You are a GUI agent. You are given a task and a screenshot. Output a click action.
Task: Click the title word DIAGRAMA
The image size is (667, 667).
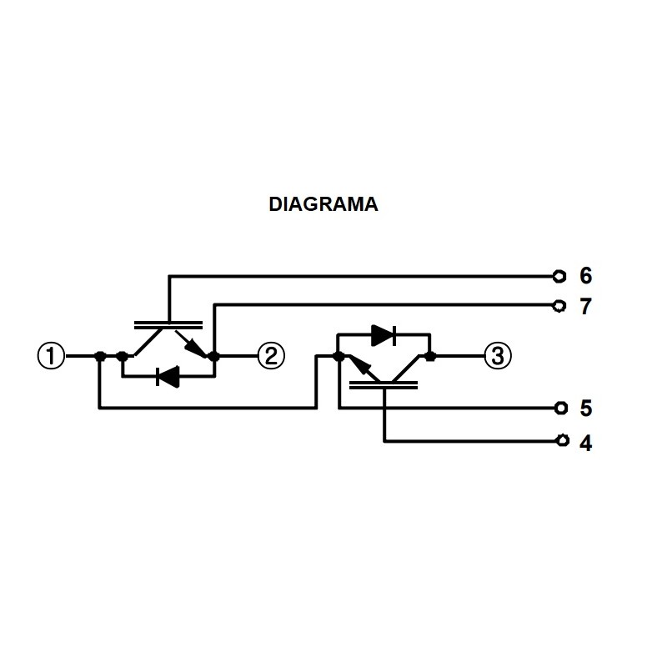click(323, 204)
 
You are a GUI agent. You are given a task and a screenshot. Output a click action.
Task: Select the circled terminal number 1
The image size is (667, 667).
click(51, 357)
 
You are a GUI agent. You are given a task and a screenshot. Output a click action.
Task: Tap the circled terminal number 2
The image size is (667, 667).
click(270, 357)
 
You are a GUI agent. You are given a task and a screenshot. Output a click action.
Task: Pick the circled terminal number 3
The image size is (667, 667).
click(498, 357)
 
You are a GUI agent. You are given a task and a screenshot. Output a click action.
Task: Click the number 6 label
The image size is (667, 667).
click(585, 276)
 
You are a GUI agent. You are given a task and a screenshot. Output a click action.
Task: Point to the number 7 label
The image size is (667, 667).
click(585, 307)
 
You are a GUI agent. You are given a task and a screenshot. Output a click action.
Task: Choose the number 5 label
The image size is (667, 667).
click(585, 409)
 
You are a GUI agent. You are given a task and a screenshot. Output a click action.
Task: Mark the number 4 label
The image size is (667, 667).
click(585, 443)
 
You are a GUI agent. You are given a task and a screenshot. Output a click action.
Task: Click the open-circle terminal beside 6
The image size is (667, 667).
click(560, 275)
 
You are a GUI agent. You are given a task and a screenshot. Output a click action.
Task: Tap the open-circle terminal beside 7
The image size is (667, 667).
click(560, 306)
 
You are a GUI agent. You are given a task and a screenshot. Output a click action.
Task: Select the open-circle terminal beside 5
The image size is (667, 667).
click(560, 408)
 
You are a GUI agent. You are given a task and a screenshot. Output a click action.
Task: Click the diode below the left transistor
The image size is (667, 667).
click(168, 378)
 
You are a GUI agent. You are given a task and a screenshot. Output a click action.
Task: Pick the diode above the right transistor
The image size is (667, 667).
click(384, 335)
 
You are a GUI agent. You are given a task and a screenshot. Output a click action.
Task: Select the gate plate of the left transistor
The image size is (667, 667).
click(169, 323)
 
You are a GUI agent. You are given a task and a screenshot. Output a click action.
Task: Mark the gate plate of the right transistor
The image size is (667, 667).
click(384, 385)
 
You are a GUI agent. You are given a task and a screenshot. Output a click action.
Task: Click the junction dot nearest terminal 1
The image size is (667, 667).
click(100, 357)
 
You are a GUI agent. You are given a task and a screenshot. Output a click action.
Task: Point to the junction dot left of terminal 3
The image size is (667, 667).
click(429, 357)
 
